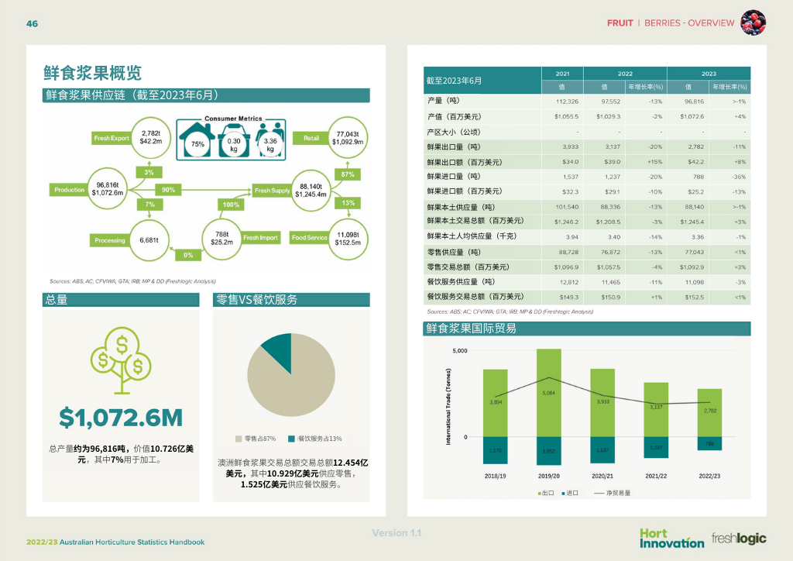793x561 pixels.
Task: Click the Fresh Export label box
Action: (112, 138)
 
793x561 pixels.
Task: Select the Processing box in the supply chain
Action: (110, 240)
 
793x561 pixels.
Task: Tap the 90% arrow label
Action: (167, 190)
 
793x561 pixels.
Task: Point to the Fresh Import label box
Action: (261, 238)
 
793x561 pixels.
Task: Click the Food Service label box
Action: (309, 238)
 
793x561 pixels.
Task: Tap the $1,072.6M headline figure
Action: (121, 418)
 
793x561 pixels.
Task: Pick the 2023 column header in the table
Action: (709, 73)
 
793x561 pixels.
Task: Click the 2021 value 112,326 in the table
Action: (567, 102)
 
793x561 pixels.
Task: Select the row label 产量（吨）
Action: (444, 102)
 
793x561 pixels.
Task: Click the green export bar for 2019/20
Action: (548, 393)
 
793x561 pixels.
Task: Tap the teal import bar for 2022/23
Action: (709, 443)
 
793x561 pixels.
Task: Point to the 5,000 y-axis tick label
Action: (459, 351)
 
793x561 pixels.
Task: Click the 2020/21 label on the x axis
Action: (602, 475)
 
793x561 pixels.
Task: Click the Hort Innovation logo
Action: (671, 538)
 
